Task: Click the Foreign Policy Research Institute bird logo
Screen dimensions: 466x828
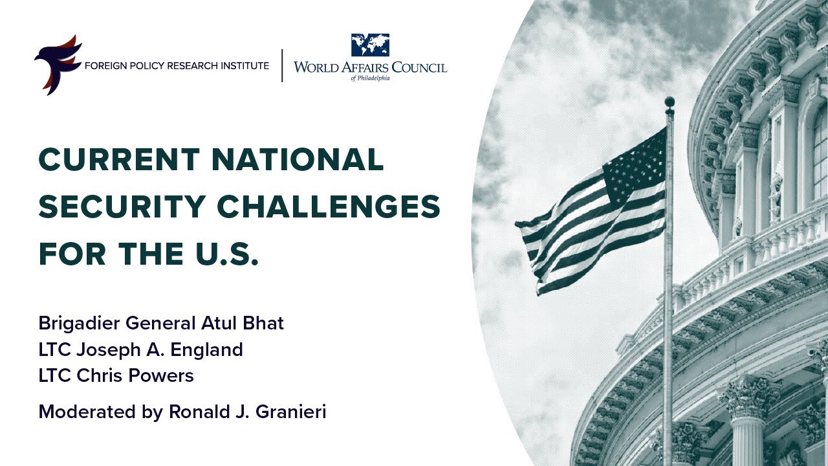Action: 57,65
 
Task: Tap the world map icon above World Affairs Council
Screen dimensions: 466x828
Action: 370,45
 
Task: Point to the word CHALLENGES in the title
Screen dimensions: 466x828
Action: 329,206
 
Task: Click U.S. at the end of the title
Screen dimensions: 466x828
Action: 226,254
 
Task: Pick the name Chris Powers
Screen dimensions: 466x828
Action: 155,375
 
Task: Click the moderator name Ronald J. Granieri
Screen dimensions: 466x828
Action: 247,412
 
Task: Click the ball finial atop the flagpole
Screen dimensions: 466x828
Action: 670,102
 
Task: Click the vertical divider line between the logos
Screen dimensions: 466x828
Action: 282,65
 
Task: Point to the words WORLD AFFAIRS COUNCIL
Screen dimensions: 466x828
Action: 370,67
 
